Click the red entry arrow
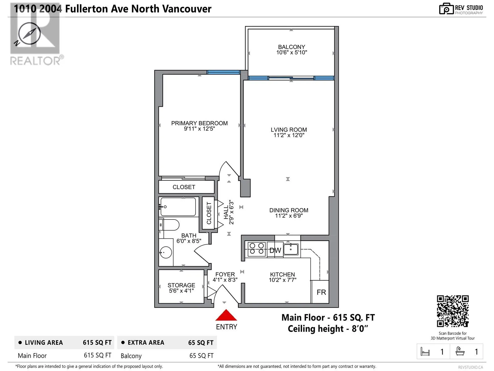226,315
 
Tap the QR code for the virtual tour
453,311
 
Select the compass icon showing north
28,34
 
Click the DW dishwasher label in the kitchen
275,250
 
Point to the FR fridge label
321,292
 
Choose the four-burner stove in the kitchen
257,249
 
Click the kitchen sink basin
291,249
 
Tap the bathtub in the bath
178,207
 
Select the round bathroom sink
165,252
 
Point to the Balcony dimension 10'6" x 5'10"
291,53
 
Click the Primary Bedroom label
199,123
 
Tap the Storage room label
181,285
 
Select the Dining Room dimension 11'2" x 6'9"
289,216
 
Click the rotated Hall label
226,212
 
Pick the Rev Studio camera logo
446,9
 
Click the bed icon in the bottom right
425,352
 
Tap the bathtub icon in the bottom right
460,352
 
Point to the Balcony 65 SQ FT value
201,356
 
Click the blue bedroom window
223,72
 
